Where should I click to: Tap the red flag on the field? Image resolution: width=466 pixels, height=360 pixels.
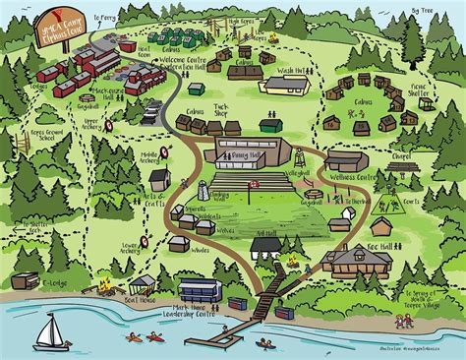point(255,184)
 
